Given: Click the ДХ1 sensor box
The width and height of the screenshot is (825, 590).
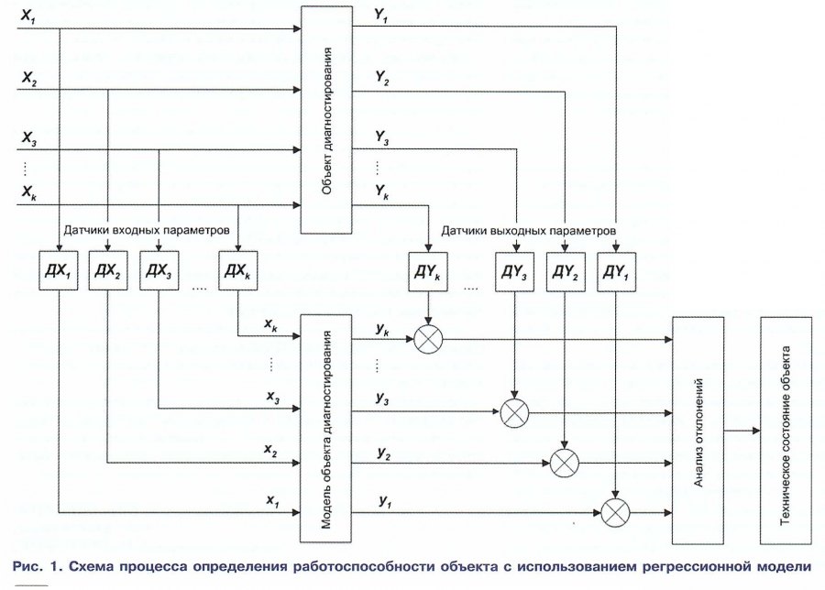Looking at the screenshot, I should [x=58, y=270].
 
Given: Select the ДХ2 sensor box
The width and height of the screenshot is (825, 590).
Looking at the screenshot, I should [x=107, y=270].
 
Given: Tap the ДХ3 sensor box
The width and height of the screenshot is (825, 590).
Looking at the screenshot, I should [x=159, y=270].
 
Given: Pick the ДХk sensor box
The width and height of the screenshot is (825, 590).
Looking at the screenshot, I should [x=237, y=270].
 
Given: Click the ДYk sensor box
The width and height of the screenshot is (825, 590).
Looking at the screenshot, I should [x=428, y=271].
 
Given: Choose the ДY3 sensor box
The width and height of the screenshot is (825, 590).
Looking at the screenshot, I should [x=514, y=271].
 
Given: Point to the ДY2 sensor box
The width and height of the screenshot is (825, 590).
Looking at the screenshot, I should [x=565, y=271].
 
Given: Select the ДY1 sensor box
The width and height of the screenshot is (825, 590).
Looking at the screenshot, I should [x=615, y=271].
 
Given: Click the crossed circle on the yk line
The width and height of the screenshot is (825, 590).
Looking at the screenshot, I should [x=428, y=340].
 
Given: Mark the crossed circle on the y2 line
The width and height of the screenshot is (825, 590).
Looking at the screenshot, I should [x=565, y=464].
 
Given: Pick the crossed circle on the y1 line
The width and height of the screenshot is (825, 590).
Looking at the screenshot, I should [x=614, y=510].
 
